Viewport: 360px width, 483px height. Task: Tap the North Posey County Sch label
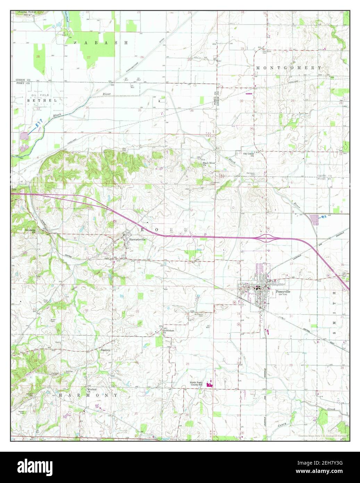[x=198, y=385]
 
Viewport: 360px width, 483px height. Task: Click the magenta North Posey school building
[x=209, y=384]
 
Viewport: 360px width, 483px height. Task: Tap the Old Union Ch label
[x=249, y=154]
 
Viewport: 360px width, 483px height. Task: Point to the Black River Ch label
[x=209, y=164]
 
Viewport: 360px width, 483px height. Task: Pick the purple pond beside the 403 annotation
[x=314, y=220]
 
